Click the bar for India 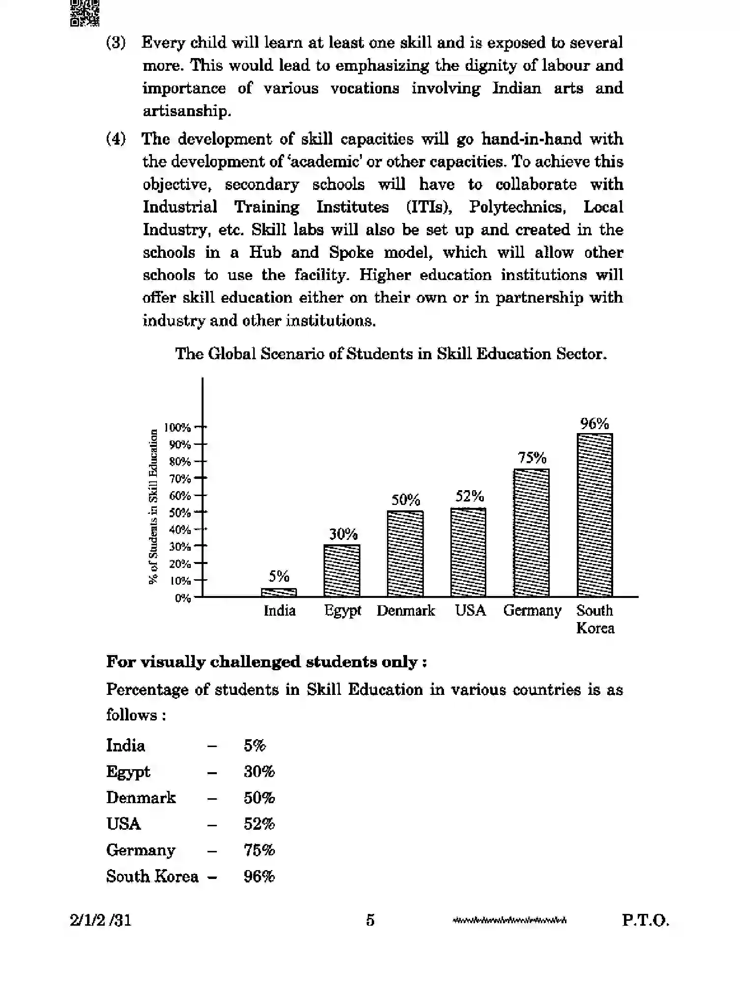click(279, 592)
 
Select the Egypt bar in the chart click(342, 570)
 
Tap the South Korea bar click(594, 515)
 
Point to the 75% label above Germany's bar click(532, 458)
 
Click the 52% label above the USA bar click(469, 496)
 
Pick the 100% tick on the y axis click(178, 427)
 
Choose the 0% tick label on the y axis click(182, 598)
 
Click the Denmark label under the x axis click(406, 611)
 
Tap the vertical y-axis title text click(153, 507)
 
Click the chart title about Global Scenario click(391, 354)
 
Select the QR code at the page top click(84, 13)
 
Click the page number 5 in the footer click(370, 920)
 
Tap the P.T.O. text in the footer click(645, 920)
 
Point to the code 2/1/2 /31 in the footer click(101, 920)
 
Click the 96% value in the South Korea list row click(259, 876)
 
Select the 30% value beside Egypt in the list click(259, 771)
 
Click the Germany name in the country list click(141, 850)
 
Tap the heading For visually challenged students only click(266, 662)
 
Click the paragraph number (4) click(116, 139)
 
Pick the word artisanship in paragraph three click(186, 111)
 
